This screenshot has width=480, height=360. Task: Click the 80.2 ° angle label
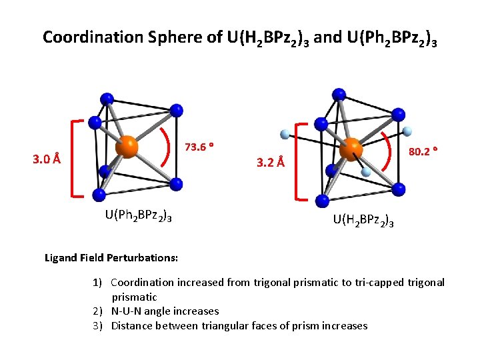point(423,152)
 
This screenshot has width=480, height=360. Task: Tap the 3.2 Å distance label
point(271,162)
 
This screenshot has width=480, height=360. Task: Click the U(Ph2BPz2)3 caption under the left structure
point(139,215)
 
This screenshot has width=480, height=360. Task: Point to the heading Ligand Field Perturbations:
point(111,257)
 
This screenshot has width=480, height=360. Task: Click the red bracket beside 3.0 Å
point(73,159)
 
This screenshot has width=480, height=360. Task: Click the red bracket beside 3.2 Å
point(297,161)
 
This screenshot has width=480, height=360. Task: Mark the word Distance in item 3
point(133,325)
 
